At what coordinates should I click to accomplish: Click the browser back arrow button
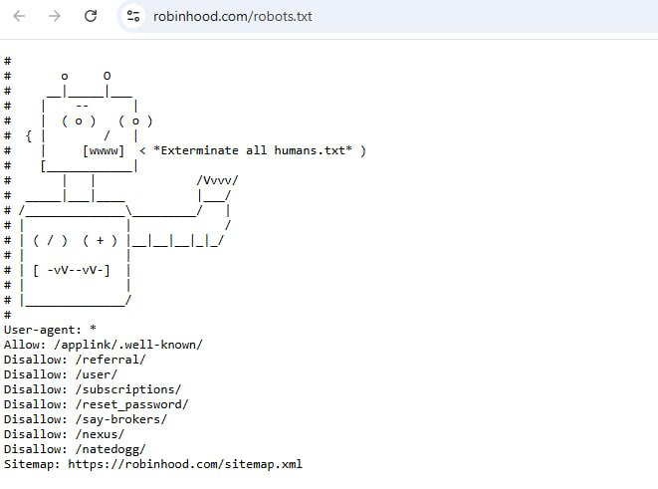(x=19, y=16)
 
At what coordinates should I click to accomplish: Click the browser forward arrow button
(x=55, y=16)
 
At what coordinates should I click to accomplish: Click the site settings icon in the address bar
(x=133, y=16)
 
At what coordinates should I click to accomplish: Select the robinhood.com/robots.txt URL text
(x=233, y=16)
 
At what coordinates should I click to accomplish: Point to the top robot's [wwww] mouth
(x=104, y=150)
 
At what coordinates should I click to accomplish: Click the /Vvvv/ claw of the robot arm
(x=217, y=180)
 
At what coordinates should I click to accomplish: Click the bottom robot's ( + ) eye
(x=100, y=240)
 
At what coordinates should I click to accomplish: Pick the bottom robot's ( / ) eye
(x=51, y=240)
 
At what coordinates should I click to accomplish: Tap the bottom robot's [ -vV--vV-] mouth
(x=72, y=270)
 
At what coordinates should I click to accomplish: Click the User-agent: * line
(x=50, y=330)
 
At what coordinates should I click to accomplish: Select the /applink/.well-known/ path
(x=128, y=345)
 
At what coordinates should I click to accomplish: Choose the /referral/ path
(x=110, y=360)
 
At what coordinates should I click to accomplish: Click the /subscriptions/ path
(x=128, y=389)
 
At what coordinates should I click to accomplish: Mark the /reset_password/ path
(x=131, y=404)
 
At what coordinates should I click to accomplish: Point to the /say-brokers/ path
(x=121, y=419)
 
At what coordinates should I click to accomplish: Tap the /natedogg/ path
(x=110, y=449)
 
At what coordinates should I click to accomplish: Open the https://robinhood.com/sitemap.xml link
(x=185, y=464)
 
